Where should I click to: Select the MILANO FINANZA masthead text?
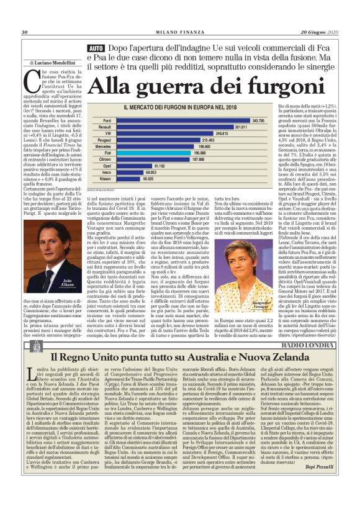(179, 32)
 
